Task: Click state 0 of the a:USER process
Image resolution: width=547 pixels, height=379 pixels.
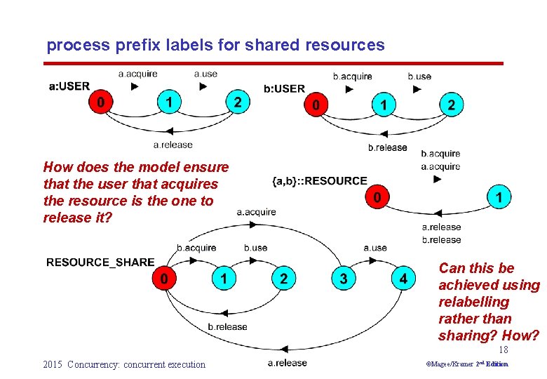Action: pyautogui.click(x=102, y=102)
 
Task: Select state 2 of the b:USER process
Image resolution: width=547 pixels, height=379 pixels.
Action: pyautogui.click(x=451, y=105)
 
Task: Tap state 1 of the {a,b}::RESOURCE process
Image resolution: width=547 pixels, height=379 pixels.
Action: pyautogui.click(x=499, y=197)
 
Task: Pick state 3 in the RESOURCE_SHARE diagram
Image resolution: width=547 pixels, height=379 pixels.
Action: pyautogui.click(x=343, y=279)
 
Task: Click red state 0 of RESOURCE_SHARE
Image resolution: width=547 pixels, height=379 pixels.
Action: pyautogui.click(x=164, y=279)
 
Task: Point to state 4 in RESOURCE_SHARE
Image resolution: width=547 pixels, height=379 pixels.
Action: pyautogui.click(x=403, y=279)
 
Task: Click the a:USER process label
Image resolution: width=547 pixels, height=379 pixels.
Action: pyautogui.click(x=69, y=86)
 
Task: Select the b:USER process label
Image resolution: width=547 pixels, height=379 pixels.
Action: pyautogui.click(x=284, y=88)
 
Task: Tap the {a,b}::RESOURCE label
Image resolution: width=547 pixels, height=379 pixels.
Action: pyautogui.click(x=319, y=181)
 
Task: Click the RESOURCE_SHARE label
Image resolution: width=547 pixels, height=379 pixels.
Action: pyautogui.click(x=100, y=262)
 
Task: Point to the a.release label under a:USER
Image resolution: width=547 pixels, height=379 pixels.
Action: pyautogui.click(x=173, y=145)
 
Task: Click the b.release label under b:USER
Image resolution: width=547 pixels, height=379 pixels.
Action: pyautogui.click(x=387, y=147)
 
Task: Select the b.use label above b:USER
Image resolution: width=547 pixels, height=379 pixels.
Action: pyautogui.click(x=419, y=76)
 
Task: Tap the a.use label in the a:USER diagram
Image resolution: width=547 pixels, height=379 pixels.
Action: pyautogui.click(x=205, y=73)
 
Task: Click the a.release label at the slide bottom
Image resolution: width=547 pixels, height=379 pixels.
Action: pyautogui.click(x=287, y=362)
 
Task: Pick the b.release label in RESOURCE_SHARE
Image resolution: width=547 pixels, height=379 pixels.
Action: pyautogui.click(x=228, y=326)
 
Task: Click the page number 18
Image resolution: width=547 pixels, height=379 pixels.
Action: pyautogui.click(x=503, y=350)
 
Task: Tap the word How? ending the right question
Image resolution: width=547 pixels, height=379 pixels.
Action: pyautogui.click(x=521, y=335)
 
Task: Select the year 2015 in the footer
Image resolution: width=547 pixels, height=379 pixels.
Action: pyautogui.click(x=53, y=364)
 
